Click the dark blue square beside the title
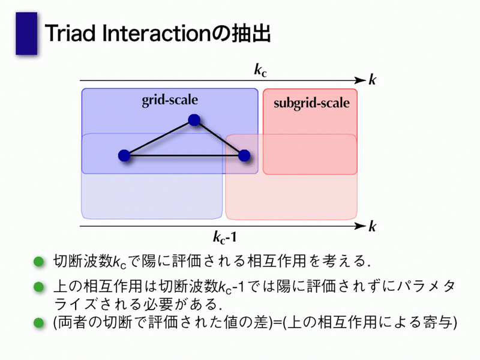pos(26,34)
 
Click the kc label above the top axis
pos(260,70)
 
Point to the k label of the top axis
pos(372,80)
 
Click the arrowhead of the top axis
pos(360,80)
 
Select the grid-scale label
pos(170,100)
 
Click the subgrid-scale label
pos(311,103)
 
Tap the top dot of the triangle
pos(194,120)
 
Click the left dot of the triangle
pos(124,155)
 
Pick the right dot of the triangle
pos(244,155)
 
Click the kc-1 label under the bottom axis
pos(225,237)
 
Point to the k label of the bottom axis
pos(372,226)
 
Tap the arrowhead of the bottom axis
pos(360,226)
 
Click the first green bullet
pos(39,262)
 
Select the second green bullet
pos(39,287)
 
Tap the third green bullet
pos(39,323)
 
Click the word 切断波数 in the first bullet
pos(83,261)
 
